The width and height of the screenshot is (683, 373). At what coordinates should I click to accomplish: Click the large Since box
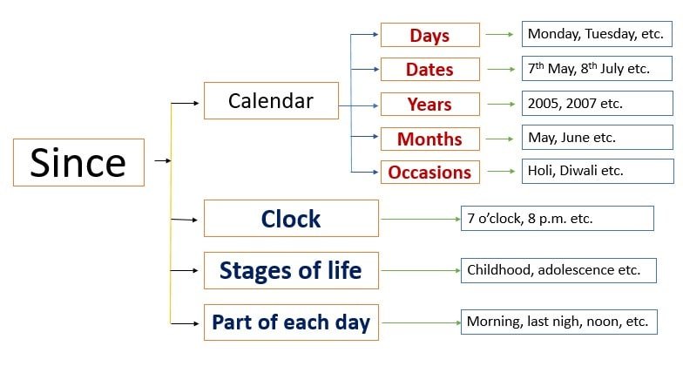pyautogui.click(x=78, y=162)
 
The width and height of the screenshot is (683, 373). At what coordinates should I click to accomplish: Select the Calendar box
pyautogui.click(x=271, y=101)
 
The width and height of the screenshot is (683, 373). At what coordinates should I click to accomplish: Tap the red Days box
pyautogui.click(x=430, y=35)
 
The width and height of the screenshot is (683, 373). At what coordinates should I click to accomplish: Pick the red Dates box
pyautogui.click(x=430, y=70)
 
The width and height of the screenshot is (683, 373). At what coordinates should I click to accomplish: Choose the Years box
pyautogui.click(x=430, y=105)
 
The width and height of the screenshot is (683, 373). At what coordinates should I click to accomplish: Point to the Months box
pyautogui.click(x=430, y=139)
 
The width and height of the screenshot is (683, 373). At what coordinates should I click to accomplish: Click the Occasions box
pyautogui.click(x=430, y=173)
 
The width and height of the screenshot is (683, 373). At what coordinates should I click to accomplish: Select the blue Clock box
pyautogui.click(x=291, y=218)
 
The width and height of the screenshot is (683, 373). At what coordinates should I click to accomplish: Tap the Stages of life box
pyautogui.click(x=291, y=270)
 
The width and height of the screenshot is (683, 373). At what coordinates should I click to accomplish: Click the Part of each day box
pyautogui.click(x=291, y=322)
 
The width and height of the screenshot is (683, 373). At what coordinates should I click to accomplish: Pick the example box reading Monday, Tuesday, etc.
pyautogui.click(x=597, y=34)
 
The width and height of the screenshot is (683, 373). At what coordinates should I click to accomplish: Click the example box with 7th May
pyautogui.click(x=597, y=68)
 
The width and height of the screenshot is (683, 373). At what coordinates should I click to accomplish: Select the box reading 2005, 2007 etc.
pyautogui.click(x=598, y=103)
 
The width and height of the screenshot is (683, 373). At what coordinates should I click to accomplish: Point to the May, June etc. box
pyautogui.click(x=598, y=138)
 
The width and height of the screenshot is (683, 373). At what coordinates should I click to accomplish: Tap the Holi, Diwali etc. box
pyautogui.click(x=598, y=171)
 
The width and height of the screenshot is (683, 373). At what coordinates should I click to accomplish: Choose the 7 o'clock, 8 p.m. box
pyautogui.click(x=558, y=218)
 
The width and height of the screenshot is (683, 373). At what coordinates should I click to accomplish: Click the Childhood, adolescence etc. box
pyautogui.click(x=558, y=270)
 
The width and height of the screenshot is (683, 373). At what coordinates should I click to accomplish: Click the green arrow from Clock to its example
pyautogui.click(x=420, y=219)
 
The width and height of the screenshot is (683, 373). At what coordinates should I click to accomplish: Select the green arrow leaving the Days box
pyautogui.click(x=500, y=35)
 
